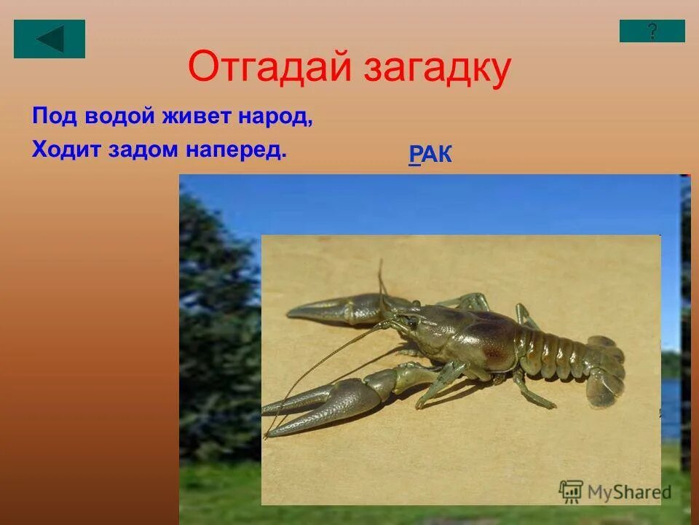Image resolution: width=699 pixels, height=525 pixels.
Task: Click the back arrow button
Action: coord(50,39)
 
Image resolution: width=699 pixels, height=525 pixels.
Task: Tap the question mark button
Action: coord(652,31)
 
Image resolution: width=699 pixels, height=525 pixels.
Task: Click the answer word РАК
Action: coord(430,154)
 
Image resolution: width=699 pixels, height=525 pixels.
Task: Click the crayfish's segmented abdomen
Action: coord(557,350)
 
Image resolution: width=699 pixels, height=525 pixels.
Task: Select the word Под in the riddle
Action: coord(48,117)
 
